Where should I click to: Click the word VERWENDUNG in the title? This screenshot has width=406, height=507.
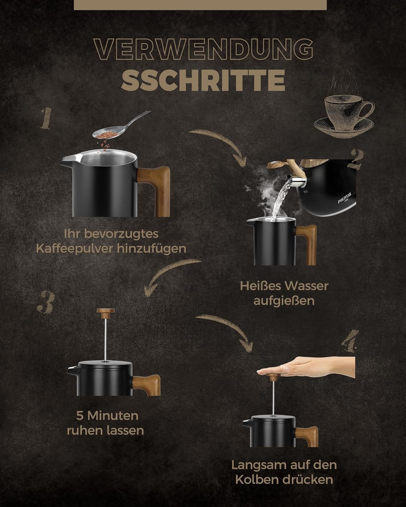[x=203, y=49]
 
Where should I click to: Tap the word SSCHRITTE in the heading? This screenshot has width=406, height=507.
[x=203, y=80]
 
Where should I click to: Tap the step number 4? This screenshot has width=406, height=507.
[x=351, y=341]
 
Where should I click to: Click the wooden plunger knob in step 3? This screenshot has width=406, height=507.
[x=106, y=311]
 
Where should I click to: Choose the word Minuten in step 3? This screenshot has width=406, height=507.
[x=113, y=416]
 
